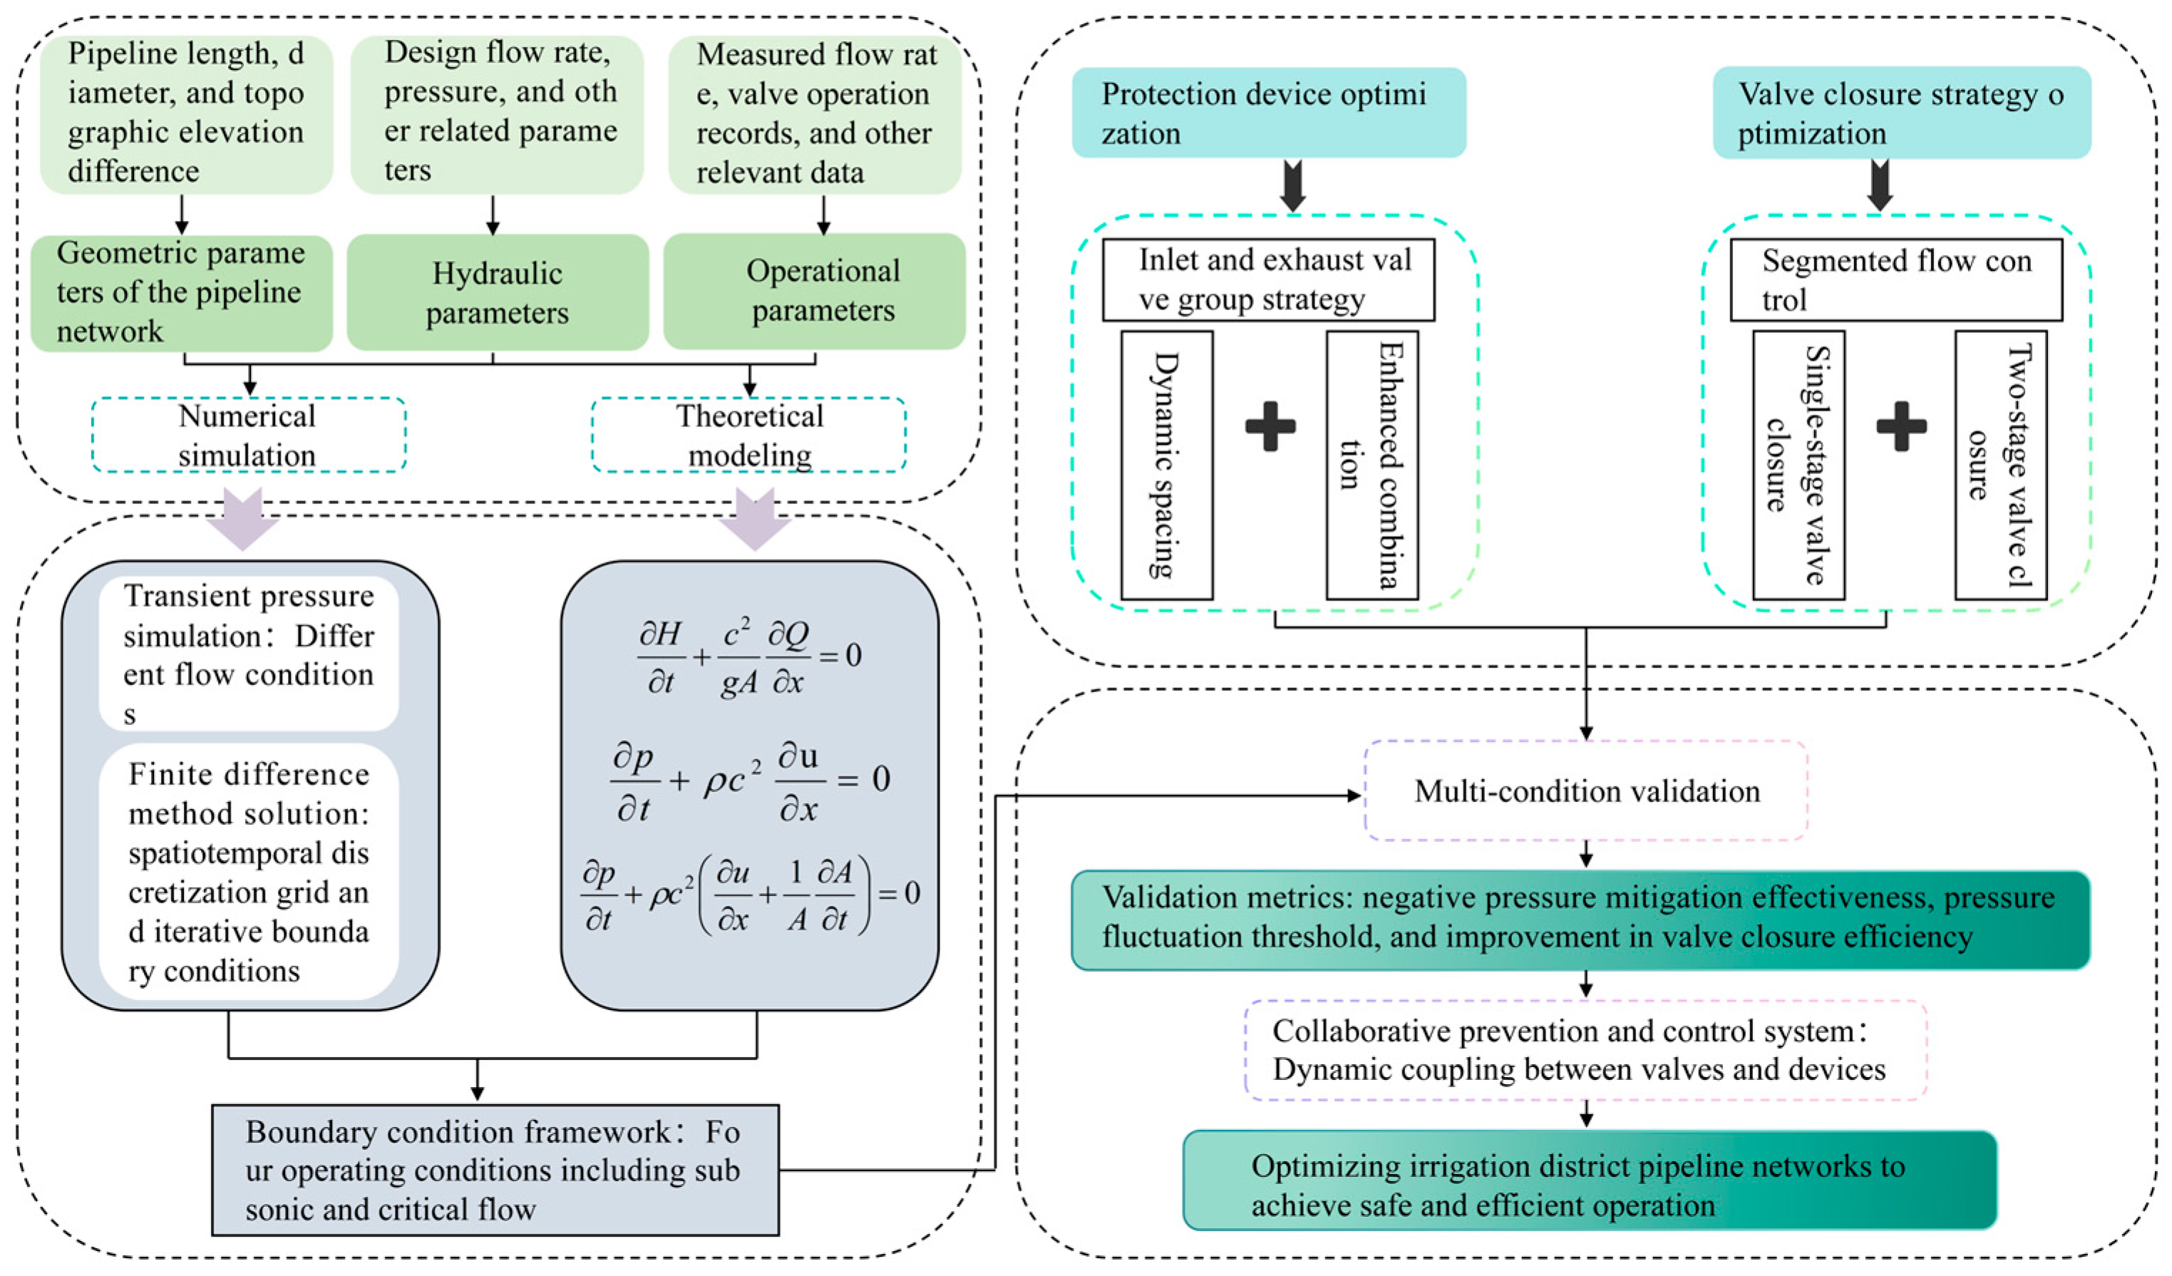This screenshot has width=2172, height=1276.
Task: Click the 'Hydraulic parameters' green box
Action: click(x=498, y=292)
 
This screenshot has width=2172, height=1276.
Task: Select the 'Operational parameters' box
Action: click(x=815, y=292)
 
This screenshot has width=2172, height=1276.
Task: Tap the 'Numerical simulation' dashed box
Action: click(x=248, y=435)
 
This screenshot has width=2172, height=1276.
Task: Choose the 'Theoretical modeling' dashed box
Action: click(x=749, y=435)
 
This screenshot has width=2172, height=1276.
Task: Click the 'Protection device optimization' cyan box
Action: click(x=1269, y=113)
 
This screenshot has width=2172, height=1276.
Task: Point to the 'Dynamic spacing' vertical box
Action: click(x=1167, y=465)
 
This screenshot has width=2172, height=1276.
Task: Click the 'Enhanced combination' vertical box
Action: click(x=1372, y=465)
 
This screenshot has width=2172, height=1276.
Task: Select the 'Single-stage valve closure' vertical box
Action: click(x=1798, y=465)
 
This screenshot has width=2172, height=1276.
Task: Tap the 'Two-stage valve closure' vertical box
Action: click(x=2000, y=465)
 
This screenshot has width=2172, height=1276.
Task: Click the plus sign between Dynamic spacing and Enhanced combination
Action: click(x=1270, y=426)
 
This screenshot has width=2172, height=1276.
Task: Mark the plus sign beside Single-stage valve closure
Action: click(x=1901, y=426)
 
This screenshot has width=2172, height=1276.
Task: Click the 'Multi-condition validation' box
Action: click(x=1586, y=791)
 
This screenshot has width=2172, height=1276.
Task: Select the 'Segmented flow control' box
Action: click(x=1896, y=280)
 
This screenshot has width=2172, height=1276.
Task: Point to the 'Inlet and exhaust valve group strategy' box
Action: click(x=1269, y=280)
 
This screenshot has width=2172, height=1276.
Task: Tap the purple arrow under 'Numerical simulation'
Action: click(x=242, y=518)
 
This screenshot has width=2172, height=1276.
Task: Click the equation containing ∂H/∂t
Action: click(x=749, y=657)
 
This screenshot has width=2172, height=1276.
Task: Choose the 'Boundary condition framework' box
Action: click(x=495, y=1170)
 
